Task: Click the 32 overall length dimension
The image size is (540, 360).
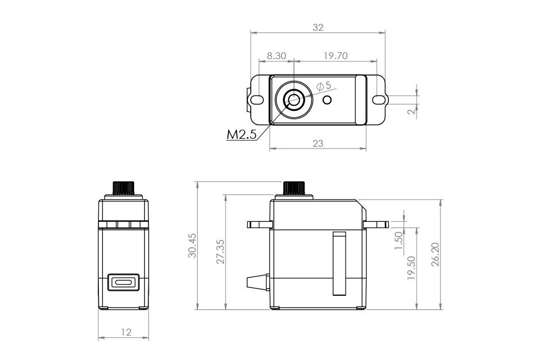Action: [x=318, y=27]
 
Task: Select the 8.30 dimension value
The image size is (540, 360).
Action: [x=276, y=56]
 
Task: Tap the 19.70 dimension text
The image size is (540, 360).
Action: [x=335, y=56]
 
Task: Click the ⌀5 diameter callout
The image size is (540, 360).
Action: [x=323, y=85]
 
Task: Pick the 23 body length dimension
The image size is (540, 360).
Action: [x=318, y=143]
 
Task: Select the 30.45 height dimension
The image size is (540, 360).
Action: [x=192, y=245]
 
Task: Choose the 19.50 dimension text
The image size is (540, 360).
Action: [x=412, y=267]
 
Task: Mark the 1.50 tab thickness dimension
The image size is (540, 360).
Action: [x=398, y=239]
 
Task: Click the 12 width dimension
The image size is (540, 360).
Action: [x=126, y=332]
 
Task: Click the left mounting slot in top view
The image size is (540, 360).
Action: [x=257, y=100]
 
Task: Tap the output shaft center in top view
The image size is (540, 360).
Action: [x=294, y=101]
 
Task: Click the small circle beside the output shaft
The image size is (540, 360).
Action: [x=327, y=100]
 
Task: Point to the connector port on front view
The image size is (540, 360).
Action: [x=123, y=282]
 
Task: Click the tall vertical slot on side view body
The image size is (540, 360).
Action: [x=339, y=264]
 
